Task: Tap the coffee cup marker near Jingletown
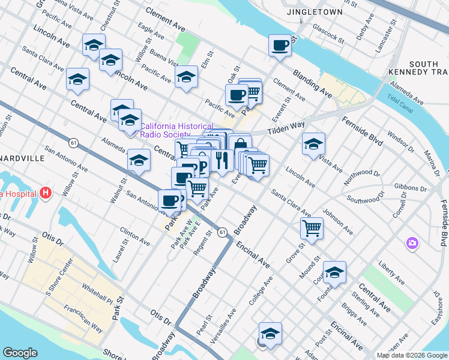pyautogui.click(x=280, y=45)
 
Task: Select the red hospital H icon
pyautogui.click(x=46, y=194)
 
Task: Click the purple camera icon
pyautogui.click(x=412, y=243)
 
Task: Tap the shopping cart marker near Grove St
pyautogui.click(x=312, y=227)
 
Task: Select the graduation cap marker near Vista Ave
pyautogui.click(x=313, y=144)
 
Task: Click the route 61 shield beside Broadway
pyautogui.click(x=222, y=232)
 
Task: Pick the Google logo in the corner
pyautogui.click(x=20, y=353)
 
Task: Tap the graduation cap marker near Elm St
pyautogui.click(x=187, y=77)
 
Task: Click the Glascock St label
pyautogui.click(x=328, y=34)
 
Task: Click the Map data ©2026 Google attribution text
pyautogui.click(x=411, y=355)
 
